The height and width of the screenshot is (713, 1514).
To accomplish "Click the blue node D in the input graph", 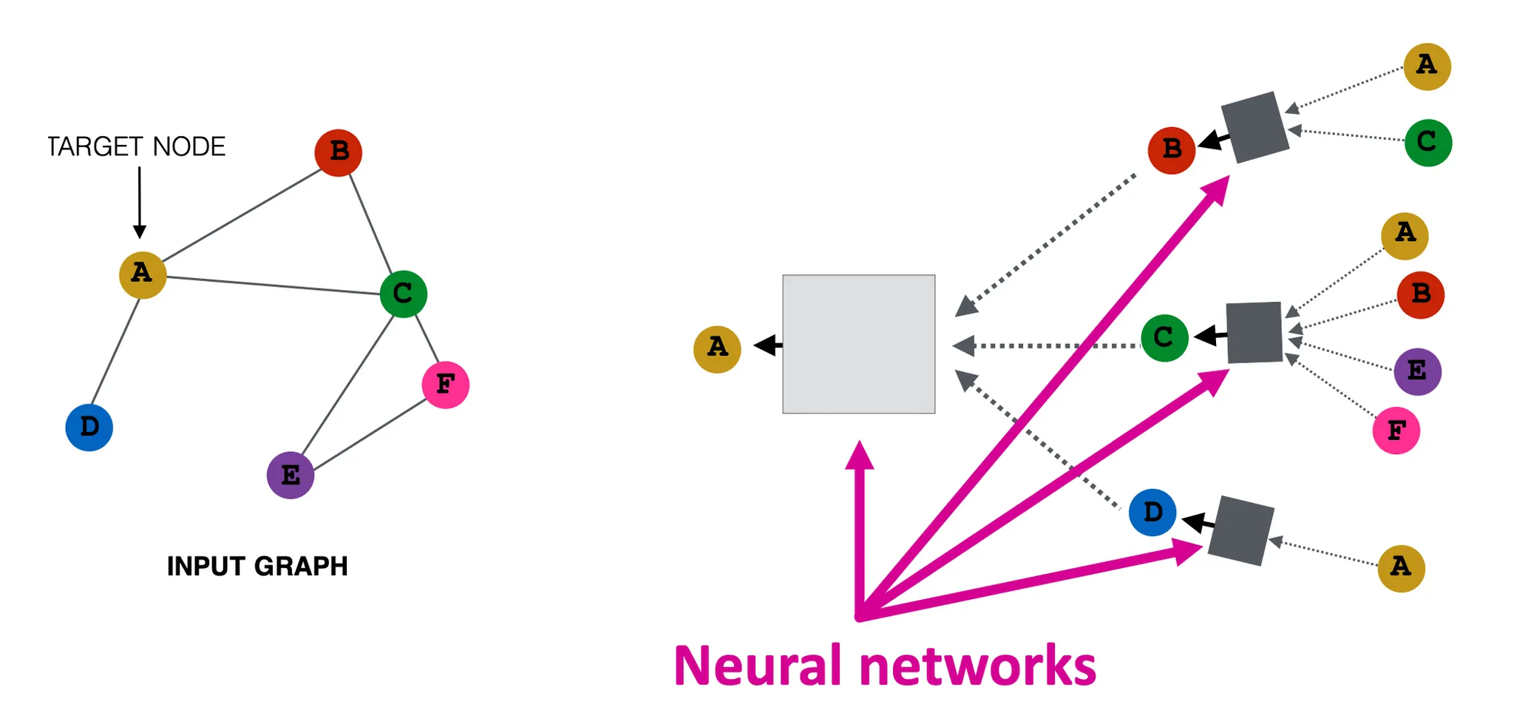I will [x=89, y=428].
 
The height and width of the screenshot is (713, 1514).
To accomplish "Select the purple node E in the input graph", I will [x=290, y=475].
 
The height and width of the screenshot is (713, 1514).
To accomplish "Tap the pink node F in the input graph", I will [x=445, y=385].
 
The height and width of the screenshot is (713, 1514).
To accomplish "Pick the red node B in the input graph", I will [x=338, y=152].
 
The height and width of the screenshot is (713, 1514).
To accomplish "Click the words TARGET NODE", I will [x=136, y=146].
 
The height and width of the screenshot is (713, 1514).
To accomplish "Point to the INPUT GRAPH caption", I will [x=257, y=566].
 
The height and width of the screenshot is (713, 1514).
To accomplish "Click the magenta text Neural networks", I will [x=884, y=666].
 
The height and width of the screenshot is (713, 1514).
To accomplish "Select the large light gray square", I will [x=858, y=344].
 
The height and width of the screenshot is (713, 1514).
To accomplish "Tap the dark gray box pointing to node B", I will [x=1255, y=127].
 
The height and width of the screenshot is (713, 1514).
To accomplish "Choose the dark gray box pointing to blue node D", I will [x=1241, y=531].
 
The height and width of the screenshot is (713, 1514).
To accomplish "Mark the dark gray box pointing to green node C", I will [x=1254, y=332].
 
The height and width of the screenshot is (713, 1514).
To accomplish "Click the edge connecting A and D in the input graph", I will [x=115, y=352].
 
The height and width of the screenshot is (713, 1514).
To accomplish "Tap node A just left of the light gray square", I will [x=717, y=349].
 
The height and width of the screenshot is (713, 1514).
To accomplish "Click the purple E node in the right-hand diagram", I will [x=1417, y=371].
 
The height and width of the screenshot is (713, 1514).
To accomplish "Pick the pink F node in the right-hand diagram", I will [x=1396, y=430].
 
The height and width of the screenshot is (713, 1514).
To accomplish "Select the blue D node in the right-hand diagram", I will [x=1153, y=512].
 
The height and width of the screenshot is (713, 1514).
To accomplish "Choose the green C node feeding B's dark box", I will [x=1428, y=143].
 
